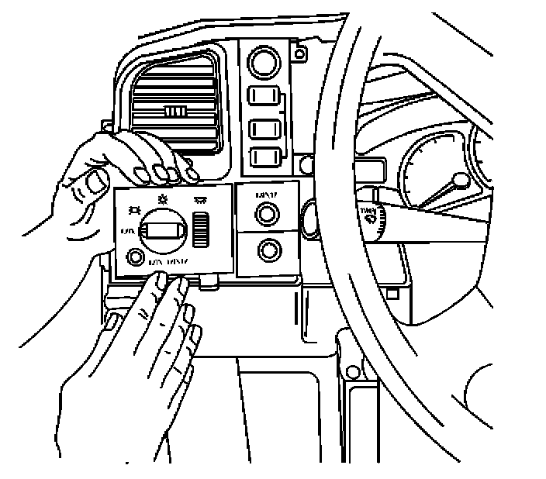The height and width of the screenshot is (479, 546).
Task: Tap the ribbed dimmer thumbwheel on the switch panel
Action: point(203,229)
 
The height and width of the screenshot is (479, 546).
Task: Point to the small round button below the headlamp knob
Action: point(136,257)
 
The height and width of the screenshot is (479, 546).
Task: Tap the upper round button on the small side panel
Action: point(268,213)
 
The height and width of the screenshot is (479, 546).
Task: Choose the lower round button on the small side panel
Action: point(268,250)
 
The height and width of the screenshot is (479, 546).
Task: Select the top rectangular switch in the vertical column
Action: point(264,97)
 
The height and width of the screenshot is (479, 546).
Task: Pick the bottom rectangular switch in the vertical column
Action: point(264,157)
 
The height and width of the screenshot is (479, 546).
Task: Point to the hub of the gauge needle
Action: point(461,181)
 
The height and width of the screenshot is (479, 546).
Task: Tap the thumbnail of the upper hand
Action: point(97,182)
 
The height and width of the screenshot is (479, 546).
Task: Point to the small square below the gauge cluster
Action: point(393,293)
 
